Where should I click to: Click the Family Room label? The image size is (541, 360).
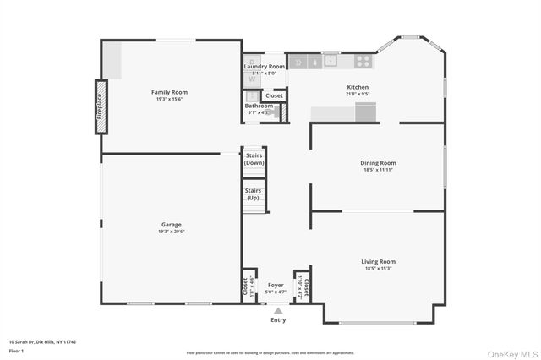pyautogui.click(x=169, y=92)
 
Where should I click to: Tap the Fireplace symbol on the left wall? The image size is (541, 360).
pyautogui.click(x=101, y=106)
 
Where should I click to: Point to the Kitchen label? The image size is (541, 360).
pyautogui.click(x=358, y=87)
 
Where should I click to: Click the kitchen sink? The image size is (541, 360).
pyautogui.click(x=330, y=61)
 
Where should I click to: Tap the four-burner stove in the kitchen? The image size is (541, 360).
pyautogui.click(x=363, y=61)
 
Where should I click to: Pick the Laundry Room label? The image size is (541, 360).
pyautogui.click(x=265, y=66)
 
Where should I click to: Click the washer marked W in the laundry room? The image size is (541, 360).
pyautogui.click(x=252, y=79)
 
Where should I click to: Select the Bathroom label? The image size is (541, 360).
pyautogui.click(x=259, y=106)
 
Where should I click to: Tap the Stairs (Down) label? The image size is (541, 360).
pyautogui.click(x=254, y=159)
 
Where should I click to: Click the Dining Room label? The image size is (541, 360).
pyautogui.click(x=374, y=163)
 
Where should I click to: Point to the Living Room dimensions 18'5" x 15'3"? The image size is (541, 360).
pyautogui.click(x=378, y=269)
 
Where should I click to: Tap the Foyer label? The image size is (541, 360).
pyautogui.click(x=276, y=286)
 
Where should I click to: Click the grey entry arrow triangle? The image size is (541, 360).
pyautogui.click(x=278, y=310)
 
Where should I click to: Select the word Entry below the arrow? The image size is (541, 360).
pyautogui.click(x=278, y=319)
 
